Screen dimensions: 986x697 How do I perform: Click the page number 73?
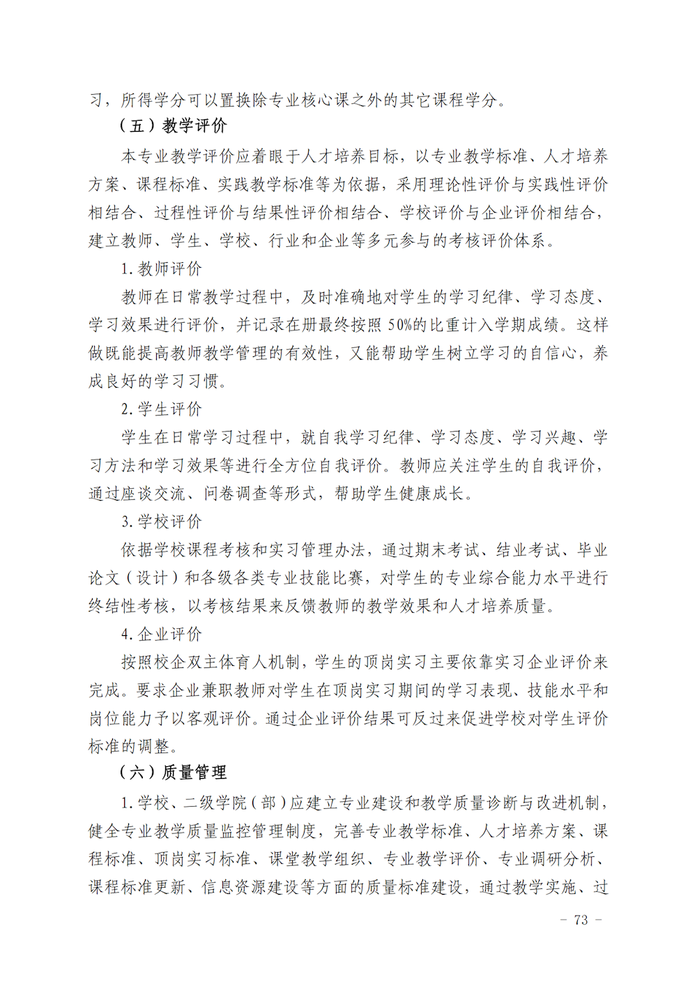[581, 920]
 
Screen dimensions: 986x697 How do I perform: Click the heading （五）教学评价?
[173, 126]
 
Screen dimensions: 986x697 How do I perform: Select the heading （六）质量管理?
[173, 773]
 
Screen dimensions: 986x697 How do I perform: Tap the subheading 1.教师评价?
[162, 269]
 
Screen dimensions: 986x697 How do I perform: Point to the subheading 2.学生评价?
[162, 409]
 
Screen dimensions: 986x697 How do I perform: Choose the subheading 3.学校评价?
[162, 522]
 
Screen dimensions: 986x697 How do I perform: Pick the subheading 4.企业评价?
[162, 634]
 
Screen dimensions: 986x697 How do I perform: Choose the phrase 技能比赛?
[331, 578]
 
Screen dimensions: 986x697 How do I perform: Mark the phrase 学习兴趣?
[544, 438]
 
